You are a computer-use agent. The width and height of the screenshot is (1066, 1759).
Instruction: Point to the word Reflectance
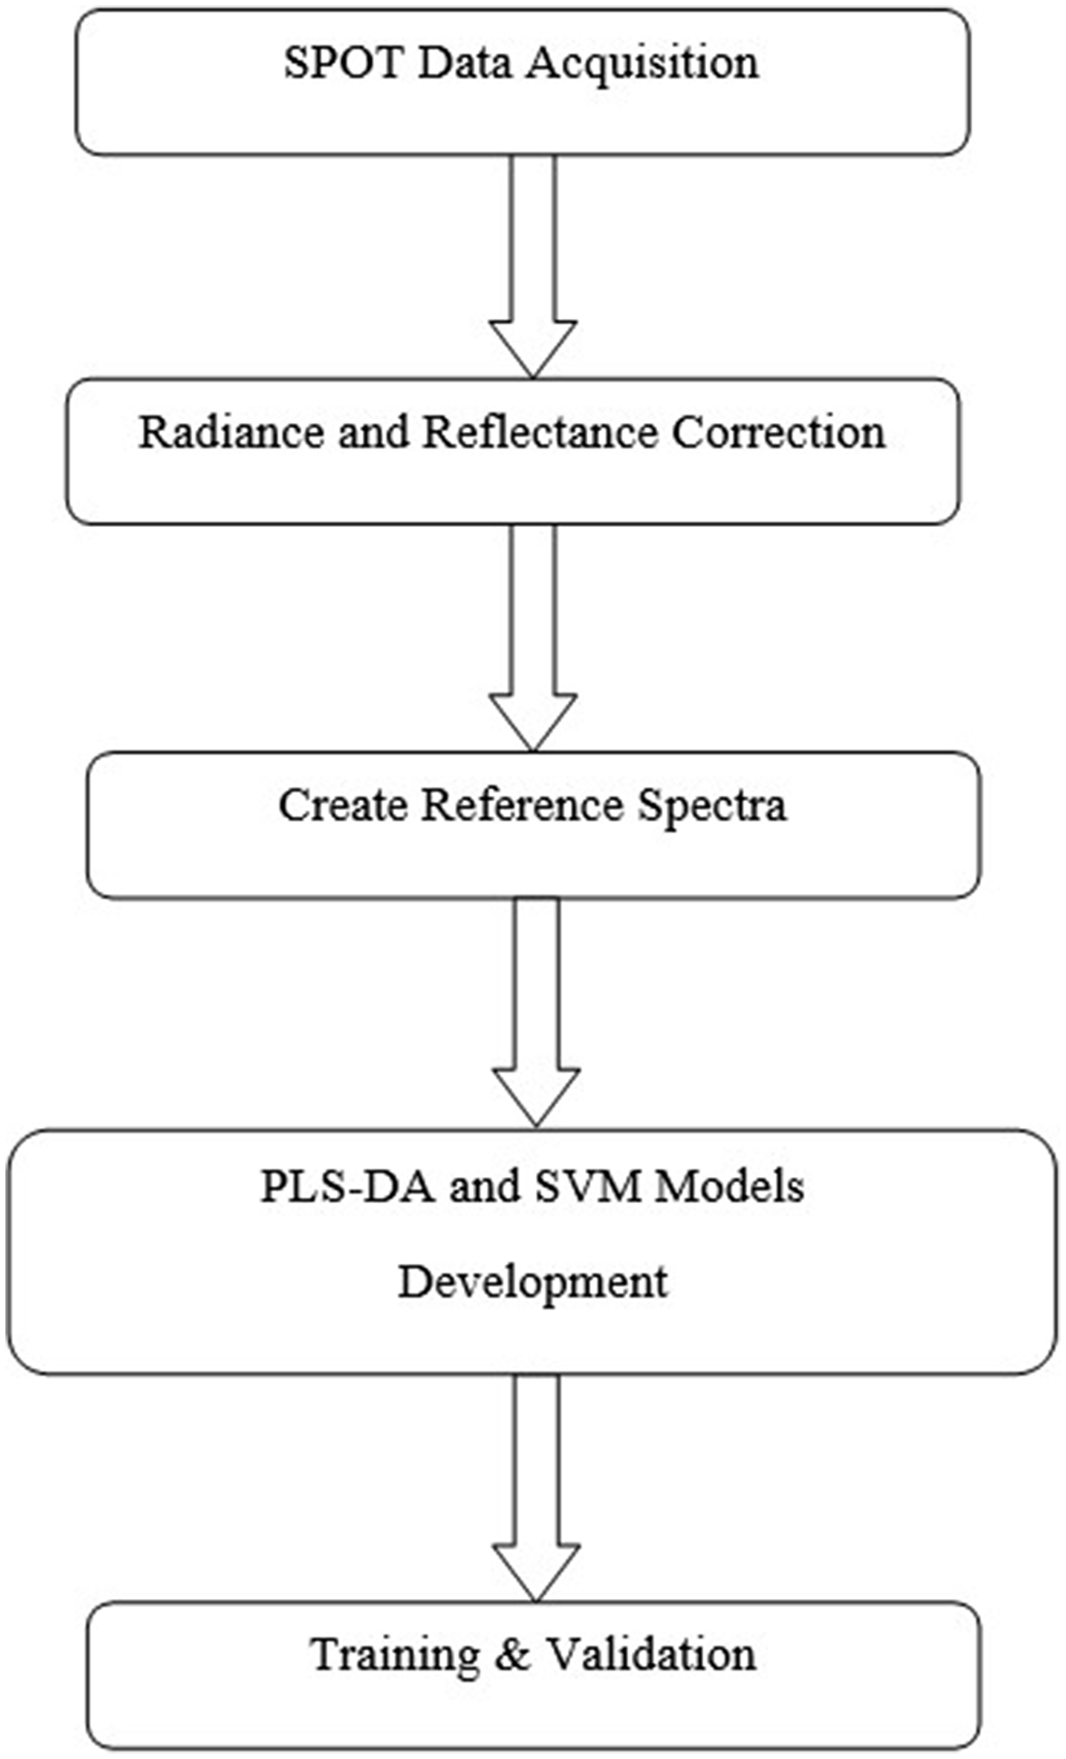click(539, 432)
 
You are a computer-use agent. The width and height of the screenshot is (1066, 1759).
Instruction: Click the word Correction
click(778, 432)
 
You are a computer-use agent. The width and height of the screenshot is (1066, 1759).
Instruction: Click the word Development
click(533, 1282)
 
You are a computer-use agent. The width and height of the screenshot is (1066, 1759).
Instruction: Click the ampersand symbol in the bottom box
click(513, 1654)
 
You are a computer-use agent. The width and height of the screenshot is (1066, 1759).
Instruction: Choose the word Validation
click(650, 1654)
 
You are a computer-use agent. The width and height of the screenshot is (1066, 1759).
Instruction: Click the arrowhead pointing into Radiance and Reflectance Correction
click(533, 347)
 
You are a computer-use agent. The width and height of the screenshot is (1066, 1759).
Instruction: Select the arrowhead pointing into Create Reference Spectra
click(533, 722)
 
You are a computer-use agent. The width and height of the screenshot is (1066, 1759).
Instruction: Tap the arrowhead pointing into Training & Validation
click(536, 1570)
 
